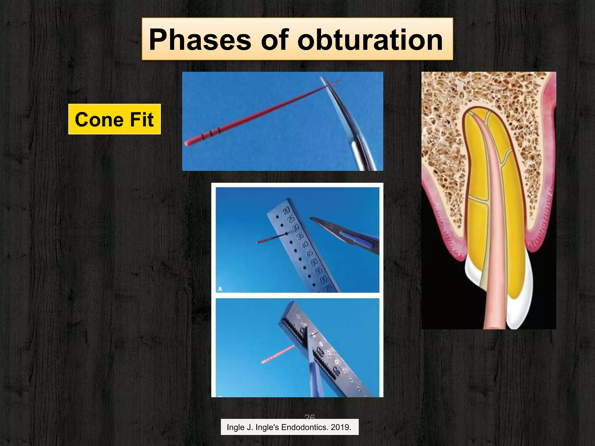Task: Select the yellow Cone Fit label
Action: click(x=114, y=119)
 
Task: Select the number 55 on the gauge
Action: click(x=319, y=270)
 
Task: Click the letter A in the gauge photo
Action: click(x=220, y=289)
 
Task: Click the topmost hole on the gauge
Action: click(x=277, y=217)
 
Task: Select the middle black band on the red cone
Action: click(x=211, y=133)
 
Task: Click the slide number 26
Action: click(x=309, y=417)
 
